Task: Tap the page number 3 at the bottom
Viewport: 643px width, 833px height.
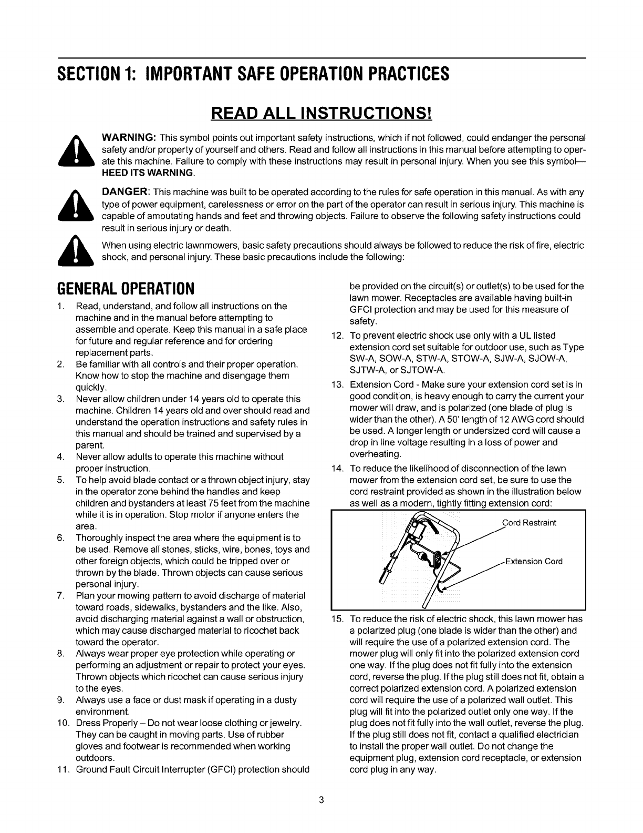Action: (321, 801)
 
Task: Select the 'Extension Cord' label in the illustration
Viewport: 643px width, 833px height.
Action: (534, 561)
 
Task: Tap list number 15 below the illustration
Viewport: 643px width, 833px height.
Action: (337, 619)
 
